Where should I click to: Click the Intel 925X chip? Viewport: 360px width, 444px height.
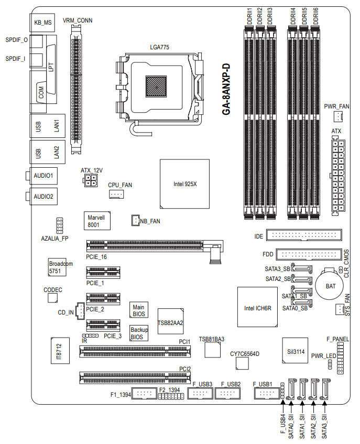click(184, 184)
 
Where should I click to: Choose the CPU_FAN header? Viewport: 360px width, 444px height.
click(116, 194)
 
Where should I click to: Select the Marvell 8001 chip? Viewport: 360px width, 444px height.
click(97, 221)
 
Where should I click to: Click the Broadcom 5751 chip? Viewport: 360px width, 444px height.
click(60, 267)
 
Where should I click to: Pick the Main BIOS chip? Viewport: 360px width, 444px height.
click(138, 310)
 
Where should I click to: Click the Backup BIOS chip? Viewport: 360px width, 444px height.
click(139, 333)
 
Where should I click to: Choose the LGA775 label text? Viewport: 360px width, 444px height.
click(159, 47)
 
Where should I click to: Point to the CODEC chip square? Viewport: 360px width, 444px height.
click(52, 298)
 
